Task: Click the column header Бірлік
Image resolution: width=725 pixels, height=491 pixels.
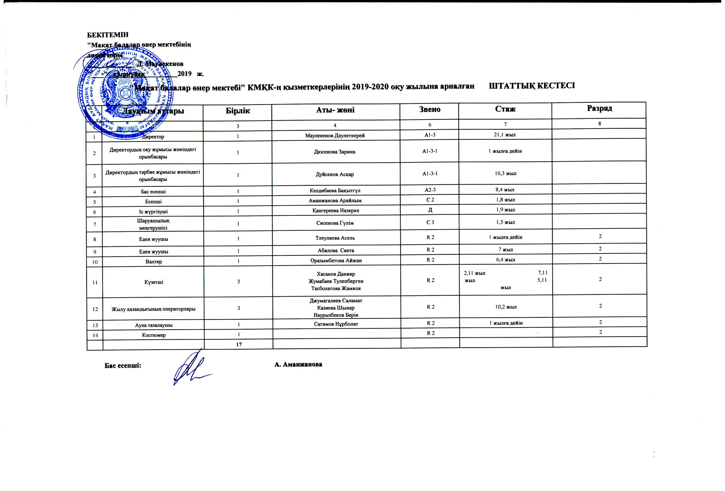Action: tap(238, 111)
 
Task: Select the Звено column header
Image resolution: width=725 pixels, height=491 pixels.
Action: tap(430, 110)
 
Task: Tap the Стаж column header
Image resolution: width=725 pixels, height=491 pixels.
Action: tap(505, 109)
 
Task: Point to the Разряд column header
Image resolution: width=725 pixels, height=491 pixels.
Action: tap(599, 108)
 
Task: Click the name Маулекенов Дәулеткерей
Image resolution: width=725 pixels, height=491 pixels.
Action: tap(335, 136)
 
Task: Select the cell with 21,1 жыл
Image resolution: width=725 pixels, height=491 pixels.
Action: tap(505, 135)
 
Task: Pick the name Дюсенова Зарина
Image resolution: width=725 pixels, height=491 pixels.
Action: tap(335, 152)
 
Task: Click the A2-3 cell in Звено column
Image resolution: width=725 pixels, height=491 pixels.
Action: tap(430, 190)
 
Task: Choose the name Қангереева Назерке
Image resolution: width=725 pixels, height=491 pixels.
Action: tap(336, 211)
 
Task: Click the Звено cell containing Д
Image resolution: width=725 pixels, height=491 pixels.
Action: tap(430, 210)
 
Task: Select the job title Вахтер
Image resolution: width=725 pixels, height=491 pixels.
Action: tap(154, 262)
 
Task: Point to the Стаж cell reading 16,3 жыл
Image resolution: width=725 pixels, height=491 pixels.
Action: tap(505, 173)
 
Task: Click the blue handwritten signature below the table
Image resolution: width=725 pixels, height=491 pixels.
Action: tap(190, 368)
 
